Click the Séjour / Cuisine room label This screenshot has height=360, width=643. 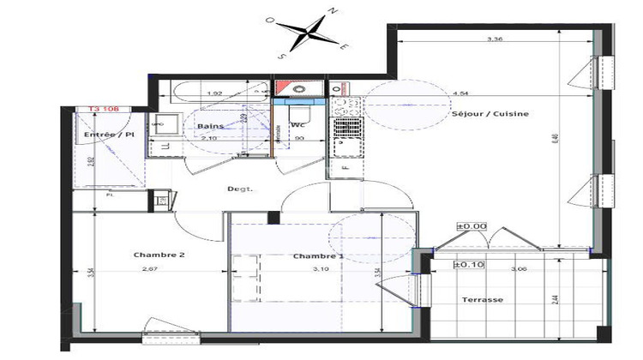point(490,114)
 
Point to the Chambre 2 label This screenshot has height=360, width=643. point(159,255)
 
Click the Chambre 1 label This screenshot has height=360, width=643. point(318,256)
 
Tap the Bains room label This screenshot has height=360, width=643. point(211,126)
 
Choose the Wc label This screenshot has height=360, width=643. point(298,126)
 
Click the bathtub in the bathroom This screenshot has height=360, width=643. point(214,91)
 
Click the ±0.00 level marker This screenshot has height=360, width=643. point(472,226)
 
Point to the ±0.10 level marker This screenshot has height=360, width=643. point(470,265)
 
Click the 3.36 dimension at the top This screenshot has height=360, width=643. point(494,39)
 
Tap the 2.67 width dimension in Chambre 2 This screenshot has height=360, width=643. point(151,271)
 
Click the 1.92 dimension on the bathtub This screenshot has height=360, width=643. point(214,93)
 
